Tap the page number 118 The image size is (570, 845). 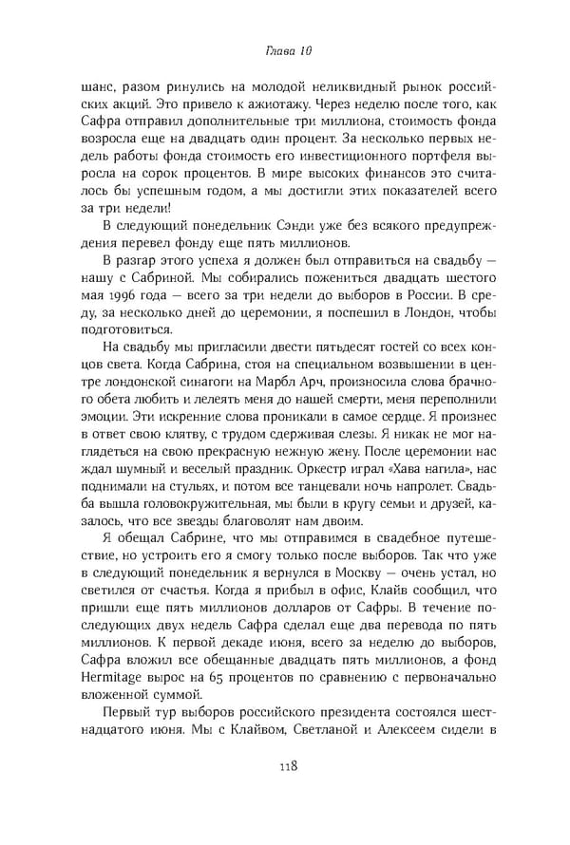coord(284,765)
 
